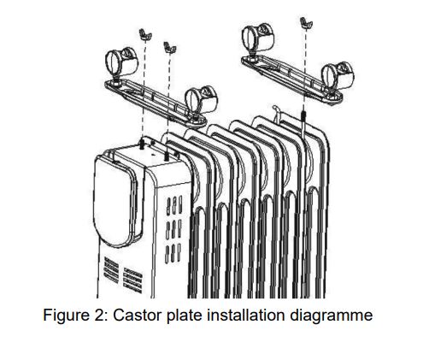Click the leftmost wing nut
[145, 34]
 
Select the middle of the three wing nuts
[170, 47]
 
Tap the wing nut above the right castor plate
[306, 23]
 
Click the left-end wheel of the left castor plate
[121, 65]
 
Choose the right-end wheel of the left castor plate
[202, 102]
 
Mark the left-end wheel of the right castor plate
[258, 40]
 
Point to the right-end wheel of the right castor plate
[338, 78]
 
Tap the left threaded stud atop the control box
[141, 144]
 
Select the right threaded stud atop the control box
[166, 156]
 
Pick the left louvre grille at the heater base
[111, 270]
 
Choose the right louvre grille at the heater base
[132, 280]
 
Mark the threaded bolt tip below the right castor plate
[303, 116]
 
